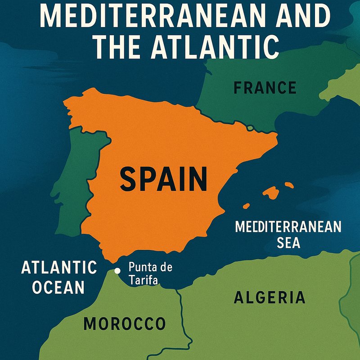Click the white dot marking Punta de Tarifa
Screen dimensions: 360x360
[x=117, y=270]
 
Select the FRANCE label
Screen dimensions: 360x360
[x=265, y=87]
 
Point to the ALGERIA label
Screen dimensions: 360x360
[x=270, y=297]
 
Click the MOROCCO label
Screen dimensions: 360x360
[x=125, y=324]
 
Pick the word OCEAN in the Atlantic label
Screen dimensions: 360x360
[x=58, y=287]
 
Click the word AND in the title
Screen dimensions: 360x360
[x=296, y=17]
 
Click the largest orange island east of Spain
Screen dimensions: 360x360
[x=270, y=193]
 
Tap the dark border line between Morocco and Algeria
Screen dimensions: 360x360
[x=181, y=310]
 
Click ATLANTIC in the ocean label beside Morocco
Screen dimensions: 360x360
[x=59, y=267]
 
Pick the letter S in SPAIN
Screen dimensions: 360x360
[x=129, y=178]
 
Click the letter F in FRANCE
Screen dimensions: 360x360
[x=238, y=87]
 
